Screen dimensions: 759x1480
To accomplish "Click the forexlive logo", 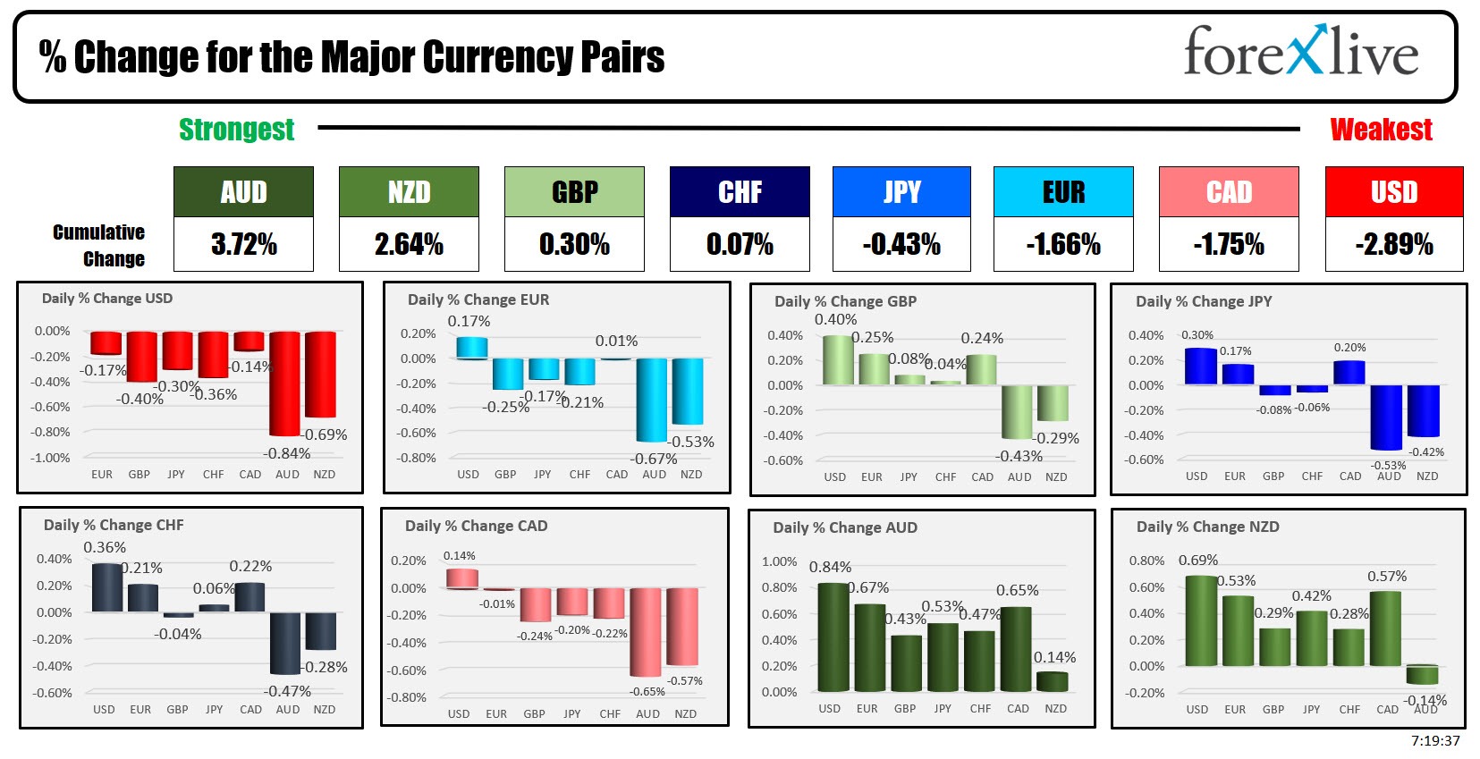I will point(1300,51).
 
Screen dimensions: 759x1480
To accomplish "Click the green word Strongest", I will point(236,130).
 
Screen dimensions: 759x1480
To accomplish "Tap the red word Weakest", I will point(1381,130).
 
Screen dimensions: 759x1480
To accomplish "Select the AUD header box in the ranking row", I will point(243,192).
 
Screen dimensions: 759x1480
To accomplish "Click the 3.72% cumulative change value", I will point(243,244).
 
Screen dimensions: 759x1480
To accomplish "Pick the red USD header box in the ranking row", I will point(1394,192).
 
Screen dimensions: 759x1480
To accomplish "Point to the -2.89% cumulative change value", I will point(1394,244).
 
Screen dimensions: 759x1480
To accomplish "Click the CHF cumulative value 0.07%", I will point(740,244).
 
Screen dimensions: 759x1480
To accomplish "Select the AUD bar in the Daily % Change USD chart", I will point(285,383).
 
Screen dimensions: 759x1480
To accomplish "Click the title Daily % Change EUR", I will point(478,299).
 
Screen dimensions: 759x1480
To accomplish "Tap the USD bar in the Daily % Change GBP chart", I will point(837,360).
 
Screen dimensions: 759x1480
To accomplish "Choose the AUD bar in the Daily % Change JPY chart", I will point(1386,417).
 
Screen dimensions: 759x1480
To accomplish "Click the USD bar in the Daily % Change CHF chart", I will point(106,587).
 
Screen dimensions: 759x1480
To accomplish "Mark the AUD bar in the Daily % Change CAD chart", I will point(645,631).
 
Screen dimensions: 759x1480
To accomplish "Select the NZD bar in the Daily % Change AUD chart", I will point(1053,682).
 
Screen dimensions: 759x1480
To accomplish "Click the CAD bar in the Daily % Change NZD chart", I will point(1385,628).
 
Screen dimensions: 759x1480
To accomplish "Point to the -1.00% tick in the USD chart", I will point(52,458).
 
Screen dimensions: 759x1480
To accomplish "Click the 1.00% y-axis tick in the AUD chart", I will point(779,561).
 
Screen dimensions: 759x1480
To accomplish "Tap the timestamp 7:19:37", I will point(1435,741).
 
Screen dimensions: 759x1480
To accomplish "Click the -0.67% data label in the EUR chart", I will point(654,459).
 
